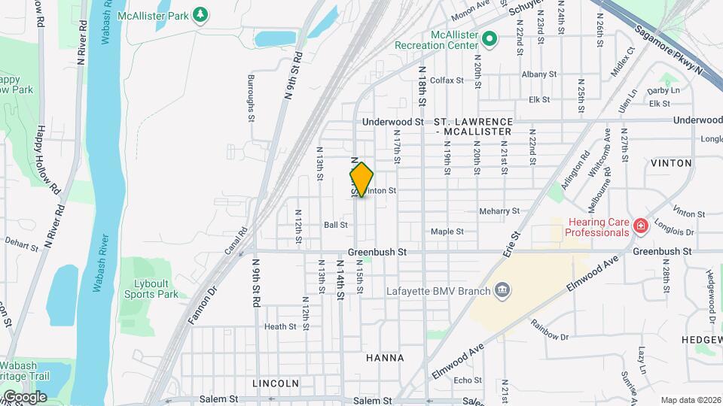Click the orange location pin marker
coord(361,180)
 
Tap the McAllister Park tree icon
coord(200,14)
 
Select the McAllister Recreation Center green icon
coord(489,38)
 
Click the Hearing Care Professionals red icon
coord(640,225)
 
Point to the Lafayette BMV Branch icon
coord(502,290)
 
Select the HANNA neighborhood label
coord(385,358)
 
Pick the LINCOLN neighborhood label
coord(276,383)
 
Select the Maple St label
coord(447,232)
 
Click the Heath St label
coord(279,326)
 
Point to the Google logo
coord(25,397)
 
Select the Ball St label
coord(336,225)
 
